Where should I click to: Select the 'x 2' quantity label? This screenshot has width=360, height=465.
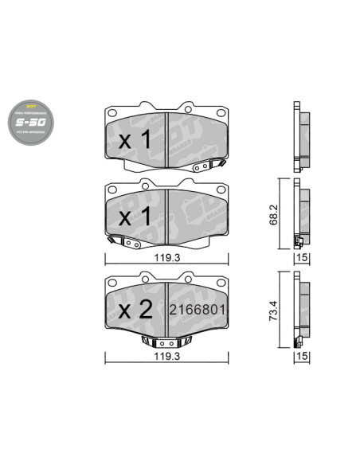pyautogui.click(x=135, y=311)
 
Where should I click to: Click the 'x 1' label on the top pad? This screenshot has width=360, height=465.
pyautogui.click(x=135, y=142)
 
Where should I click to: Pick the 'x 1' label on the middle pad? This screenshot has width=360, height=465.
pyautogui.click(x=135, y=217)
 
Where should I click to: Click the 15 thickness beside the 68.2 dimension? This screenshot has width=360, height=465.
pyautogui.click(x=301, y=259)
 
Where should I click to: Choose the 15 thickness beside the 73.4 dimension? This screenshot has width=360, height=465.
pyautogui.click(x=301, y=358)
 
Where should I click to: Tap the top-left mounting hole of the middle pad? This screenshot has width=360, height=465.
pyautogui.click(x=112, y=190)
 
